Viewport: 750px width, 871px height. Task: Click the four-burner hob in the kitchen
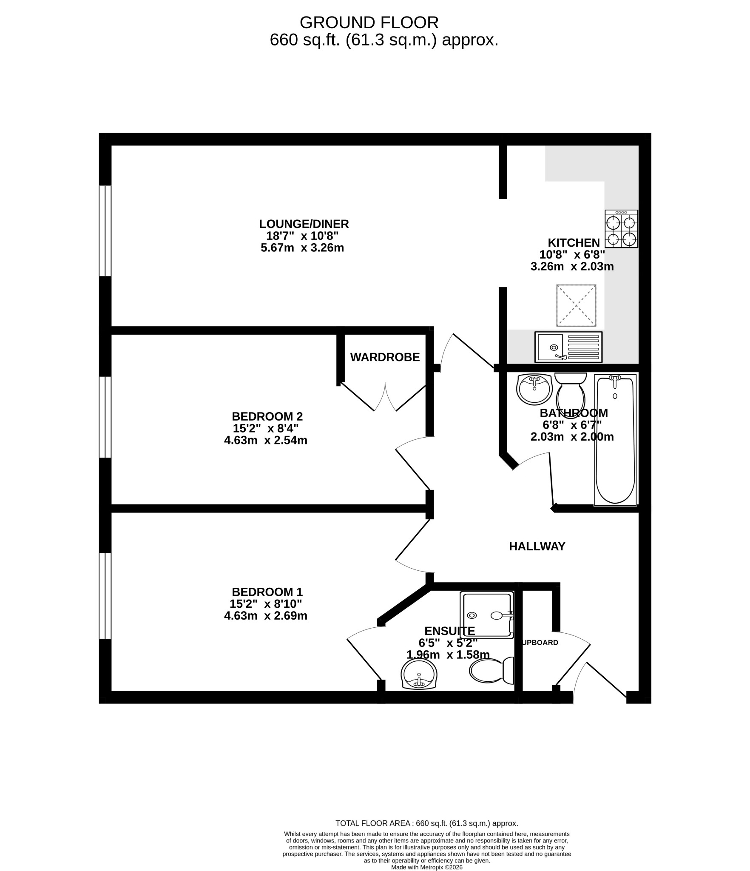[621, 229]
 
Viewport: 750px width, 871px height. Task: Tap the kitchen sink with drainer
[569, 347]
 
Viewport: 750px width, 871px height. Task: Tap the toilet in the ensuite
[491, 671]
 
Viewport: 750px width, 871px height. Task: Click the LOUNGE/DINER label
[304, 224]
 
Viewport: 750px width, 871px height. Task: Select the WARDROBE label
[385, 357]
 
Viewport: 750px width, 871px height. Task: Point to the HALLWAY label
[537, 547]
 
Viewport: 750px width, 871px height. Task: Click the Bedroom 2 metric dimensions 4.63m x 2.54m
[266, 440]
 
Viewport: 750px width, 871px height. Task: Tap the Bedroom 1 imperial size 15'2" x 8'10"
[266, 603]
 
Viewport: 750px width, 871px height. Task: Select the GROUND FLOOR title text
[369, 22]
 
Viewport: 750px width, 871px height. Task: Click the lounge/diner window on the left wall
[105, 231]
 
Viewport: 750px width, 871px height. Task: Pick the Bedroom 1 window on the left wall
[105, 595]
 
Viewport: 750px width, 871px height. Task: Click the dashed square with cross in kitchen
[576, 305]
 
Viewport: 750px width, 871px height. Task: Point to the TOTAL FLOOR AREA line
[427, 823]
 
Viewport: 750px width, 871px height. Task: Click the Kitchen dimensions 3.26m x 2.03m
[572, 267]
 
